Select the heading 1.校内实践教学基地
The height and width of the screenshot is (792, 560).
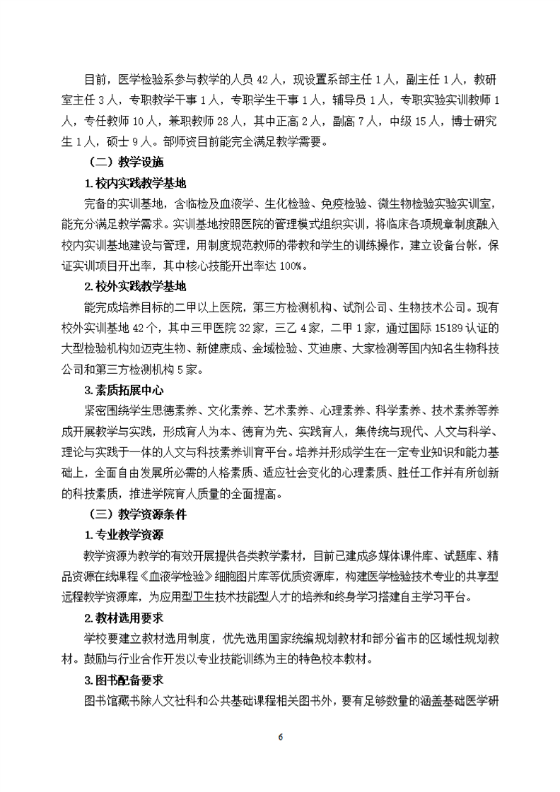coord(134,184)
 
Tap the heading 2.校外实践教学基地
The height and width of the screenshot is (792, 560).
coord(134,286)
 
